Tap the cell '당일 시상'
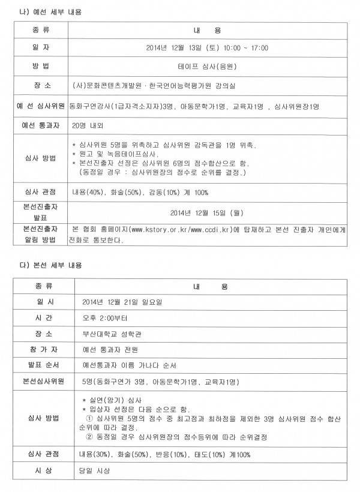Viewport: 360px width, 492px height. tap(96, 471)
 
